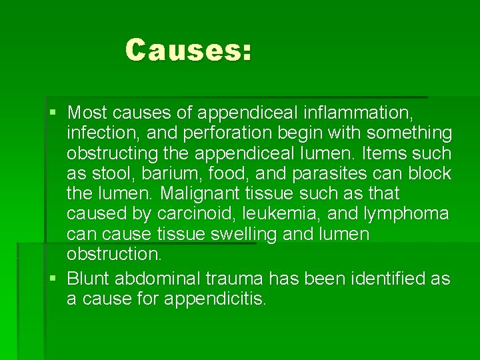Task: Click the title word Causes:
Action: click(x=189, y=50)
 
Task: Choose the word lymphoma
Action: click(x=406, y=214)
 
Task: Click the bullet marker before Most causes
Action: click(x=53, y=112)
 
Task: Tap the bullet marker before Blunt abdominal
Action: click(x=53, y=278)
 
